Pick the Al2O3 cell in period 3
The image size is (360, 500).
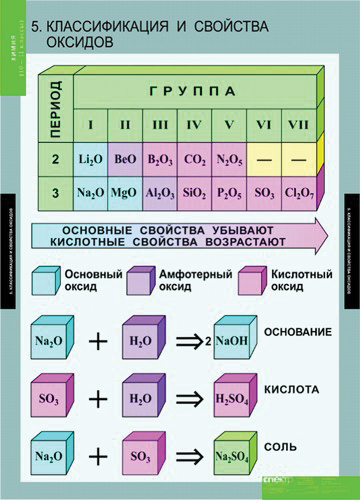click(x=160, y=191)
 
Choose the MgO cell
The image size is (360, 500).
click(x=126, y=191)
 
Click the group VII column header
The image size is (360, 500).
click(x=296, y=126)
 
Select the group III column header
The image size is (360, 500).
click(x=160, y=126)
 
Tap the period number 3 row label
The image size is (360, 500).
click(x=56, y=191)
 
